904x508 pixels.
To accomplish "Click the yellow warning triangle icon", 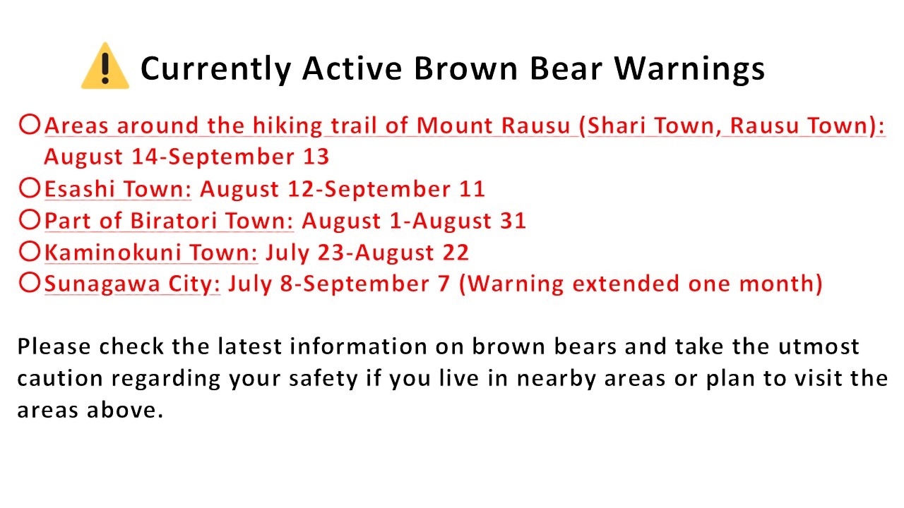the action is click(x=105, y=66).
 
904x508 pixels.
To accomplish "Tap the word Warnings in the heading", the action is click(x=690, y=69).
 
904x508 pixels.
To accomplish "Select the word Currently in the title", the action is click(x=216, y=69).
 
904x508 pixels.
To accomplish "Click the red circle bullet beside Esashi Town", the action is click(x=30, y=188).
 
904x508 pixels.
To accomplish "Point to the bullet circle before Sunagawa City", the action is click(x=30, y=283).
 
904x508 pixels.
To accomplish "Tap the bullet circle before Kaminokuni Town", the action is click(x=30, y=251).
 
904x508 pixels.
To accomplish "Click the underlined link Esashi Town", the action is click(x=118, y=189).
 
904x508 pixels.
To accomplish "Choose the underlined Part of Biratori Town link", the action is click(x=169, y=221).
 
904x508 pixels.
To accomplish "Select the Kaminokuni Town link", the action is click(x=151, y=253).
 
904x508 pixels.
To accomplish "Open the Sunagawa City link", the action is click(x=132, y=284).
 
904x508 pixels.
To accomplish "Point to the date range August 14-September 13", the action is click(x=186, y=157).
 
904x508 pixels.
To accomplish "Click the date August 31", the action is click(x=470, y=221).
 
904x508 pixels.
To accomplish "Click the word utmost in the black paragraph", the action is click(x=819, y=346).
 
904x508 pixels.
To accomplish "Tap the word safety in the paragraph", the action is click(x=323, y=379).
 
